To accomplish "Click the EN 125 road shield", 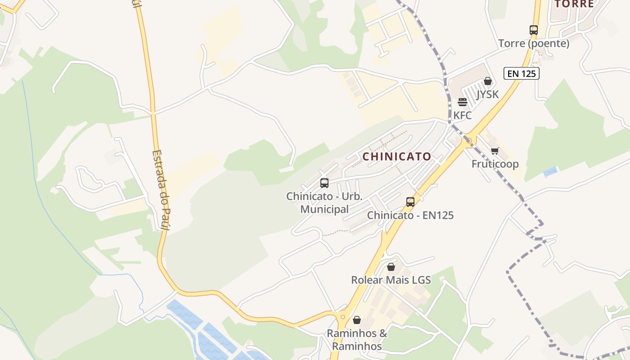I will click(x=521, y=73).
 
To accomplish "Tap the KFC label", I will click(x=462, y=116).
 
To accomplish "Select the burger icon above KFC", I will click(x=463, y=102).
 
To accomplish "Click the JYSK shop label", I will click(x=487, y=94).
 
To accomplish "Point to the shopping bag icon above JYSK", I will click(x=487, y=81).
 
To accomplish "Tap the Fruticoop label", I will click(x=495, y=164).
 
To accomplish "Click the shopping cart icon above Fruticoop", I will click(x=495, y=151).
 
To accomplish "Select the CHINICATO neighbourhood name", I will click(x=397, y=157).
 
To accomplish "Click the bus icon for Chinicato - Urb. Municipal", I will click(x=324, y=183).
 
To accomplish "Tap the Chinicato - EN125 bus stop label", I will click(x=410, y=215).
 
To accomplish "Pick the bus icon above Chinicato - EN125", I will click(x=410, y=202).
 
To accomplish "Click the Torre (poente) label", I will click(x=534, y=44).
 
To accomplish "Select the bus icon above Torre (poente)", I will click(x=534, y=30).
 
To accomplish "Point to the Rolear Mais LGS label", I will click(x=391, y=280).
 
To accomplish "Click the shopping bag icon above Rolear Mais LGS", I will click(x=391, y=267).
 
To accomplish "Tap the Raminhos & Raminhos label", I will click(x=357, y=340).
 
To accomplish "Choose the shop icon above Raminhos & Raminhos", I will click(x=357, y=320).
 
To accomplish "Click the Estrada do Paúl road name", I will click(x=161, y=190).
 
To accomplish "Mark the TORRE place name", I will click(x=574, y=4).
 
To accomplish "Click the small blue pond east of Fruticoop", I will click(x=550, y=171).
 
